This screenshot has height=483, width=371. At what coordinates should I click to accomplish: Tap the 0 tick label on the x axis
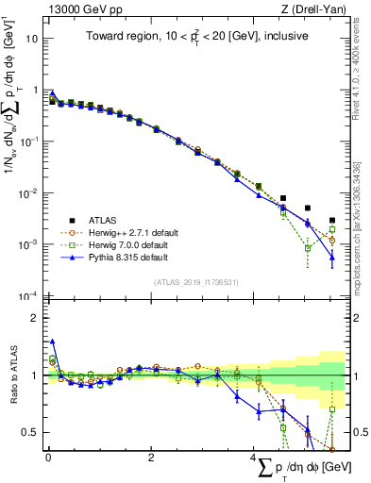(x=48, y=457)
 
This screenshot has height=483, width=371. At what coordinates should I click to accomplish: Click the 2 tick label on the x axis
(x=151, y=457)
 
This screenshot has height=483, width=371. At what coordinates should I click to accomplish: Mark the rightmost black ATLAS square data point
(x=332, y=221)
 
